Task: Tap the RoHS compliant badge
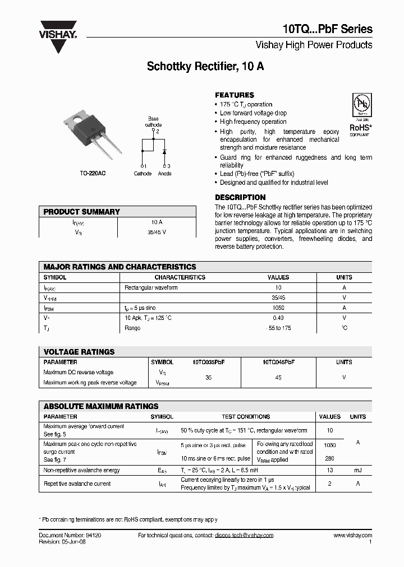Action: (360, 115)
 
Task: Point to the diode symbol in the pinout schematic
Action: (164, 152)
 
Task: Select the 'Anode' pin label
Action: (165, 174)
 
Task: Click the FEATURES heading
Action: (235, 95)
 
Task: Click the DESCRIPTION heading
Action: (240, 197)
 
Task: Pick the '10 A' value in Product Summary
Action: (157, 222)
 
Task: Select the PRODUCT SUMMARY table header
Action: (82, 212)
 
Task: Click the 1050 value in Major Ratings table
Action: (278, 308)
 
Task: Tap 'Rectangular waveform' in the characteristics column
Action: (151, 288)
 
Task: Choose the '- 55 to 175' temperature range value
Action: (278, 328)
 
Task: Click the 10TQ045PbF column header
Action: (278, 362)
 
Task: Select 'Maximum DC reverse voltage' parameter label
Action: (79, 373)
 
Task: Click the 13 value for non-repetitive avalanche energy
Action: (330, 471)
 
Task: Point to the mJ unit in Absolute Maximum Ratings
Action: (358, 471)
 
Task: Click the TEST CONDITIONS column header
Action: (246, 417)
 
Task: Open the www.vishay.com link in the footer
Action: (352, 536)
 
